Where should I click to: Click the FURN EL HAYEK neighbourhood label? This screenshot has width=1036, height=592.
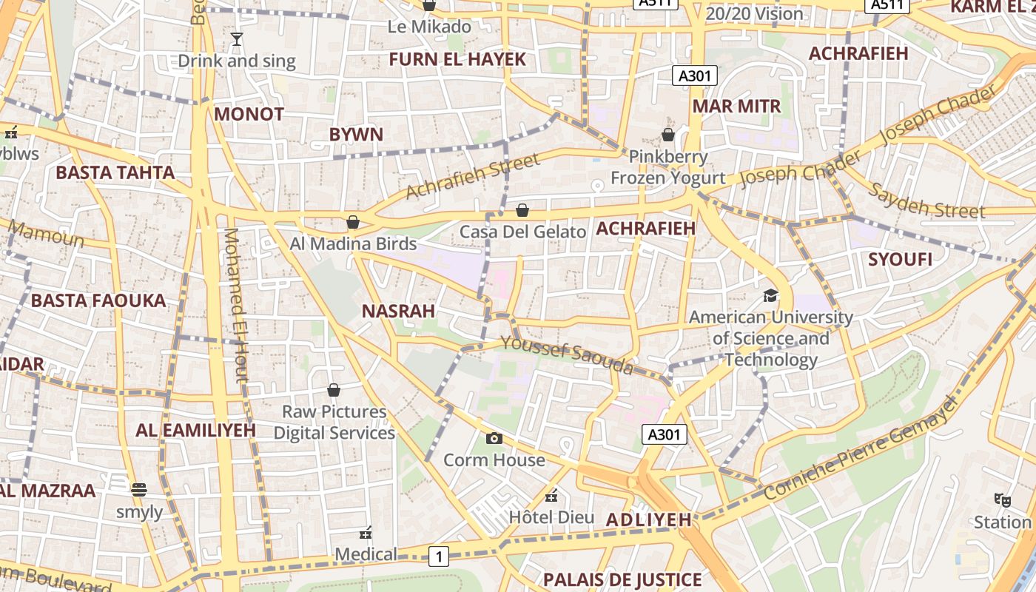457,59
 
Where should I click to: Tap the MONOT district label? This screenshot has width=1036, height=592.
249,114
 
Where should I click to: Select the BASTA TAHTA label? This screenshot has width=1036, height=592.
115,173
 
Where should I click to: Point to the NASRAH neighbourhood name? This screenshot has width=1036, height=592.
398,312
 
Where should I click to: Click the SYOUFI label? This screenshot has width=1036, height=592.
900,260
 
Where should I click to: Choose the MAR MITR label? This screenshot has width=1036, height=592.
736,106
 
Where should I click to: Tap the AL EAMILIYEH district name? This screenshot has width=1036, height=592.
195,430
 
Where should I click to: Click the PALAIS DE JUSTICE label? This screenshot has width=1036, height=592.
622,579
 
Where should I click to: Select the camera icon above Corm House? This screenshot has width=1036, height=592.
494,438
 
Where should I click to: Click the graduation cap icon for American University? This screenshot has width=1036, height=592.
771,296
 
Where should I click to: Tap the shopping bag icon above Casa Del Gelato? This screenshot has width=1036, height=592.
522,210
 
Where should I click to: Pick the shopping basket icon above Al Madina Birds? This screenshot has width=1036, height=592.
353,222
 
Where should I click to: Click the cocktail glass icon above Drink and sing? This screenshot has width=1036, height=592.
237,39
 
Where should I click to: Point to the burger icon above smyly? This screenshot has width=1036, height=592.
138,489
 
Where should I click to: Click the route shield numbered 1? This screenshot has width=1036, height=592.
439,556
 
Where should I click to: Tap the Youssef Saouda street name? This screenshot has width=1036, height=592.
567,354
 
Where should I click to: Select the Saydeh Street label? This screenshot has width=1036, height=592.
926,200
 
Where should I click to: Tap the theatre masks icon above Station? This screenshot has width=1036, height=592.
1003,499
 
